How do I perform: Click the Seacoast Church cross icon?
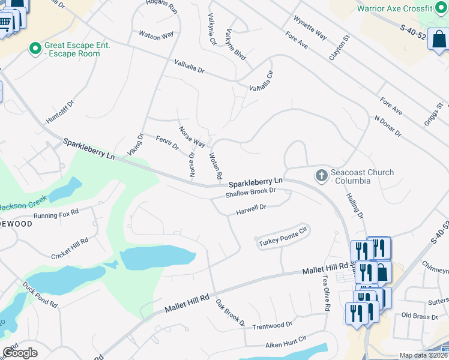[x=321, y=176]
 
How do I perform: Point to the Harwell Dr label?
[x=250, y=209]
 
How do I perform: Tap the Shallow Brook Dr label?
[x=250, y=193]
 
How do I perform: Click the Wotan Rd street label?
[x=215, y=167]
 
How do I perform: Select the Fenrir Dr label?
[x=167, y=143]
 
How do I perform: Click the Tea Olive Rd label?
[x=326, y=292]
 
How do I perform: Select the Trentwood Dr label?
[x=272, y=325]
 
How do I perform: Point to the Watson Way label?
[x=157, y=36]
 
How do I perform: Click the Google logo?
[x=20, y=352]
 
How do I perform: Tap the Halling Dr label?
[x=355, y=205]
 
